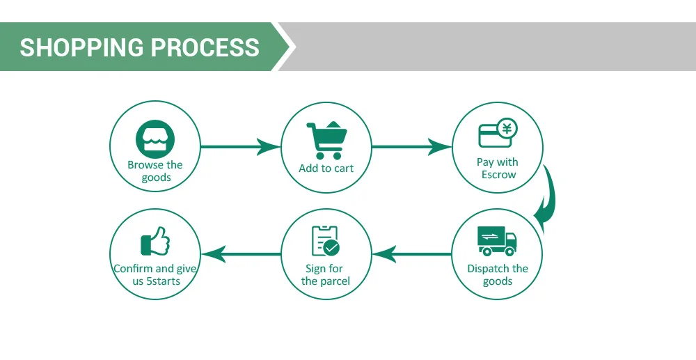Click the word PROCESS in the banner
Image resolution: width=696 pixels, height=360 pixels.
(205, 47)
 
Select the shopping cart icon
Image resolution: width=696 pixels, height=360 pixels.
(326, 140)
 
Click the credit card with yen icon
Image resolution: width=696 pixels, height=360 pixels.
(498, 134)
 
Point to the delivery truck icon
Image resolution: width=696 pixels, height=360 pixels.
(497, 241)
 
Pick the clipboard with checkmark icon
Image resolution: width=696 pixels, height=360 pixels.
(325, 240)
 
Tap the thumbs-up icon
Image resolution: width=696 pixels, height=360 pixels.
(155, 241)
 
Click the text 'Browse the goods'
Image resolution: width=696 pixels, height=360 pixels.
(155, 171)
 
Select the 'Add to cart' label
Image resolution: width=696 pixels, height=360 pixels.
(326, 168)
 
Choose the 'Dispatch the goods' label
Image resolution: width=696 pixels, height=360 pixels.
(498, 275)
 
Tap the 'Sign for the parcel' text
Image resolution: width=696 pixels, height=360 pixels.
(325, 275)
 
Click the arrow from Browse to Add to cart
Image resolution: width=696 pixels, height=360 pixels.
(240, 147)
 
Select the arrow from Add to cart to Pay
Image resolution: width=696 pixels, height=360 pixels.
(411, 147)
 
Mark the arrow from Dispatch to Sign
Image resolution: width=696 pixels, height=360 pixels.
(411, 254)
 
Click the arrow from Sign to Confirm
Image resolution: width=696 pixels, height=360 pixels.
(240, 254)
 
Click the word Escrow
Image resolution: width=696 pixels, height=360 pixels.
(498, 175)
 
